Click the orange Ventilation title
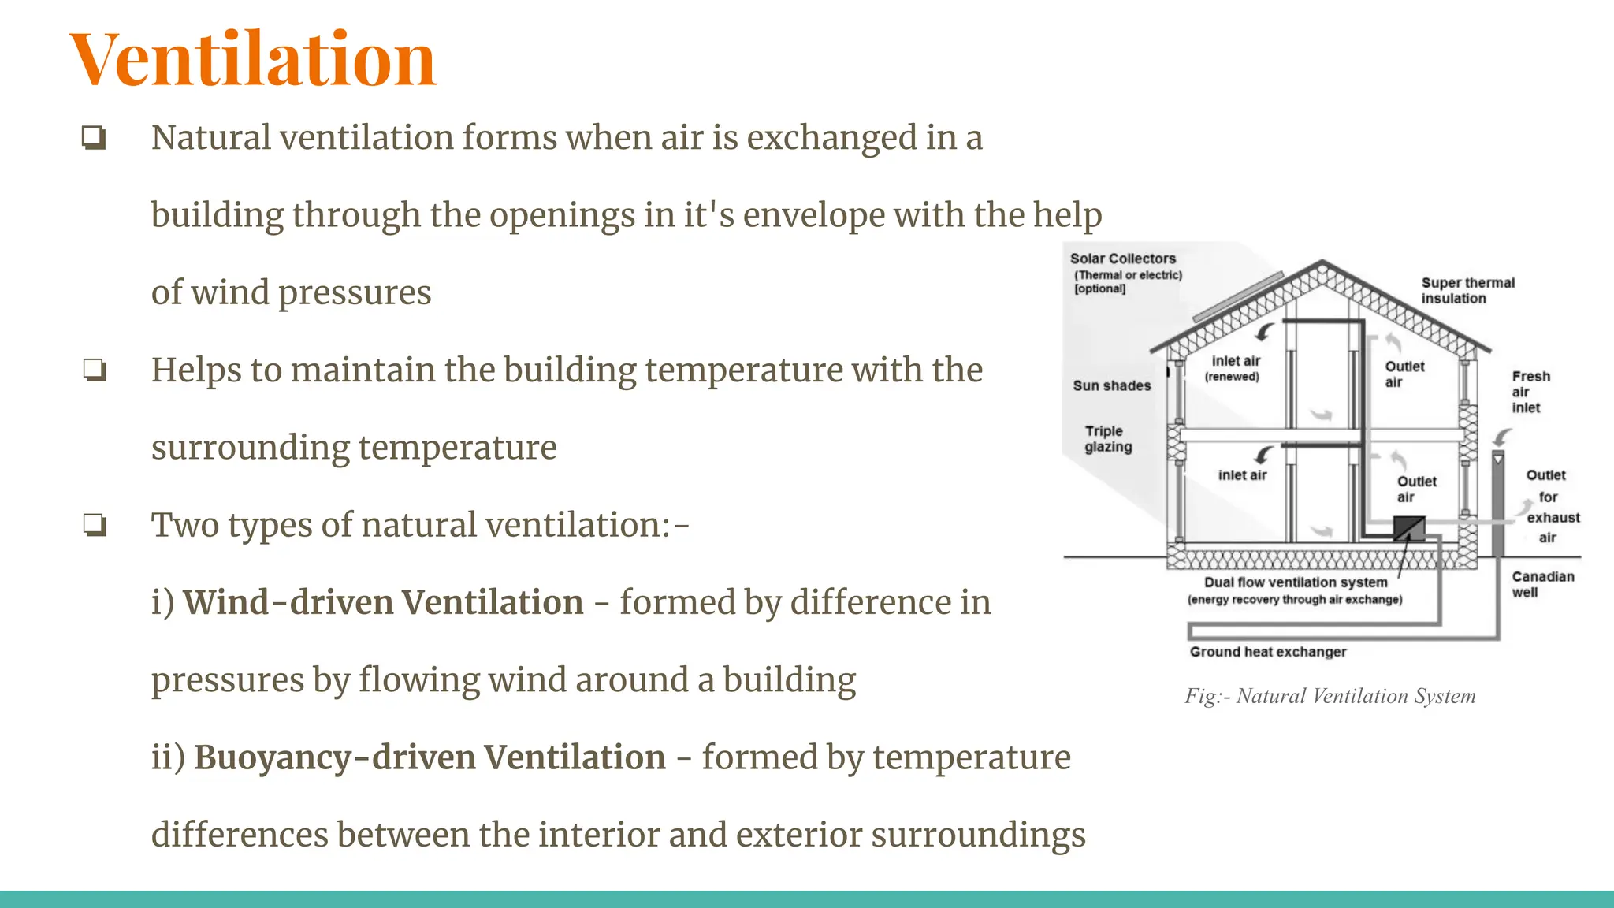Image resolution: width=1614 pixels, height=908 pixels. pyautogui.click(x=252, y=60)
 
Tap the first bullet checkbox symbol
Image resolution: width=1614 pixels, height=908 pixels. pyautogui.click(x=94, y=138)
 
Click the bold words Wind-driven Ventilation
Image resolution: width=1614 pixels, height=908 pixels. pyautogui.click(x=383, y=603)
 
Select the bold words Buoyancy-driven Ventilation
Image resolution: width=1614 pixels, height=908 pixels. pyautogui.click(x=430, y=757)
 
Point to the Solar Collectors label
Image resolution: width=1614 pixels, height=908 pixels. pyautogui.click(x=1122, y=259)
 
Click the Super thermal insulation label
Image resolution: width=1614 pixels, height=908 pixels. pyautogui.click(x=1467, y=290)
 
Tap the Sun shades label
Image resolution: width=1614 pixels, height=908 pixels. pyautogui.click(x=1111, y=385)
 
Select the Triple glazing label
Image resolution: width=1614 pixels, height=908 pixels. pyautogui.click(x=1107, y=439)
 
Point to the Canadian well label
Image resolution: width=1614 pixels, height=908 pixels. pyautogui.click(x=1541, y=584)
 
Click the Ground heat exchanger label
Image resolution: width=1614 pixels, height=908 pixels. pyautogui.click(x=1267, y=652)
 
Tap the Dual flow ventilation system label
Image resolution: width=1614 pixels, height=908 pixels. pyautogui.click(x=1295, y=582)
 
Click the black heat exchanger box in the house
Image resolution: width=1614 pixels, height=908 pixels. pyautogui.click(x=1408, y=527)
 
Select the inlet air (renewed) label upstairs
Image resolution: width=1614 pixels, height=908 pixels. pyautogui.click(x=1234, y=367)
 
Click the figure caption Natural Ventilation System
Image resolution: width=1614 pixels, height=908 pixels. pyautogui.click(x=1330, y=696)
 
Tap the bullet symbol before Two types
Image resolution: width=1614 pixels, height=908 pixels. pyautogui.click(x=94, y=525)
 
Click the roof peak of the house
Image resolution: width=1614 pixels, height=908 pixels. pyautogui.click(x=1322, y=262)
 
